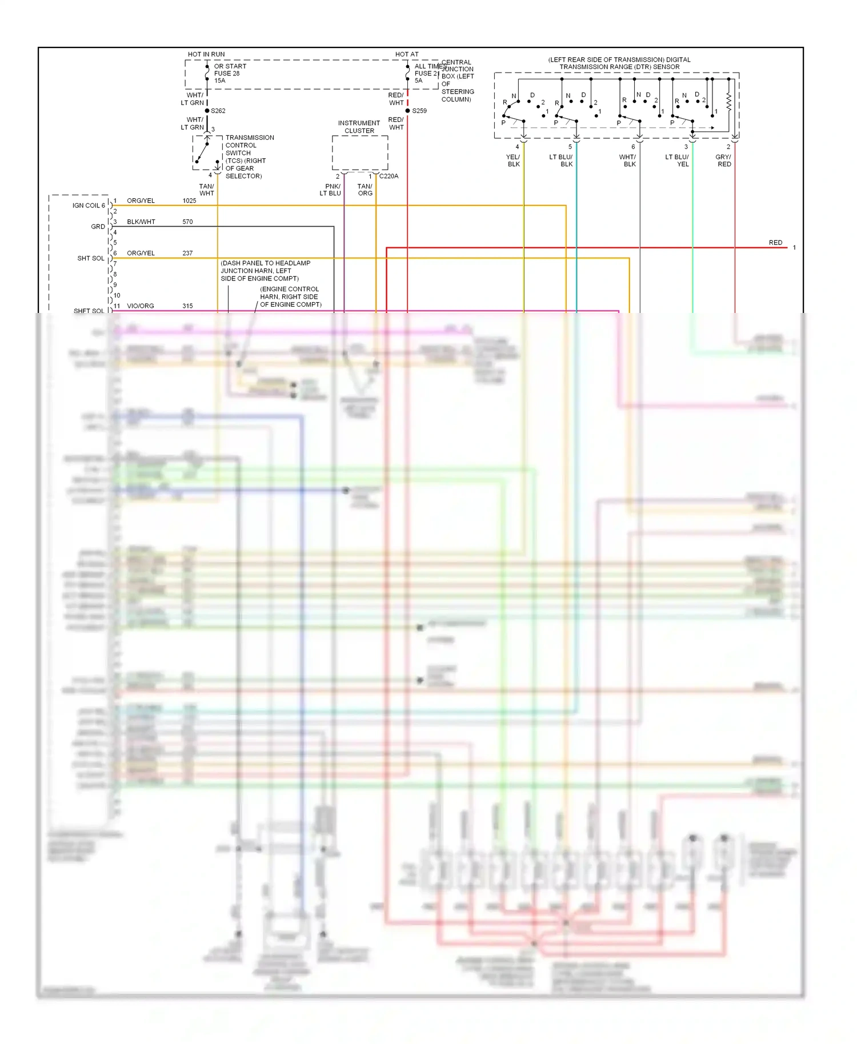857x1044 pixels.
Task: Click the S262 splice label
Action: tap(218, 111)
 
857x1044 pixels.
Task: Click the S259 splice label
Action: tap(419, 111)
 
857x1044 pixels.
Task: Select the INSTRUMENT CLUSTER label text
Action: tap(359, 127)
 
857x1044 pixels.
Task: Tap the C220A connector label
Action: tap(389, 176)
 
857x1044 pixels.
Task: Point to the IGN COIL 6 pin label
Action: tap(89, 206)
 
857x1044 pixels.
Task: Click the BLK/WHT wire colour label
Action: tap(141, 222)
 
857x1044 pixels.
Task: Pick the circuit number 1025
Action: tap(189, 201)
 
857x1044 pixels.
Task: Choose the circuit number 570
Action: tap(187, 222)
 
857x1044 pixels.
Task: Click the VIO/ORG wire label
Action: tap(141, 306)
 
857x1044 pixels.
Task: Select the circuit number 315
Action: tap(187, 306)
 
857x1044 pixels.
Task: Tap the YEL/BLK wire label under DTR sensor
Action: tap(513, 160)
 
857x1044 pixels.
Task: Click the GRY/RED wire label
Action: tap(724, 160)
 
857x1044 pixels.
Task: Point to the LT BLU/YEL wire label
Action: tap(677, 160)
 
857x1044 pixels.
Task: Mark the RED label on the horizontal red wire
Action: tap(775, 243)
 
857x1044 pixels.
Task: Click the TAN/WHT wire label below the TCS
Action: tap(206, 190)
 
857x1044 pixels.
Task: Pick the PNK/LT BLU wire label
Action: tap(331, 190)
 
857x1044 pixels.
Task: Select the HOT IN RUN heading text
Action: tap(206, 54)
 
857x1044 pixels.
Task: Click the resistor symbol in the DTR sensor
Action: tap(729, 102)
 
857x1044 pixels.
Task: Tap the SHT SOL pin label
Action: tap(91, 259)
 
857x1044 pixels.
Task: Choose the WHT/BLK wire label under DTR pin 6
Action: tap(628, 160)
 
